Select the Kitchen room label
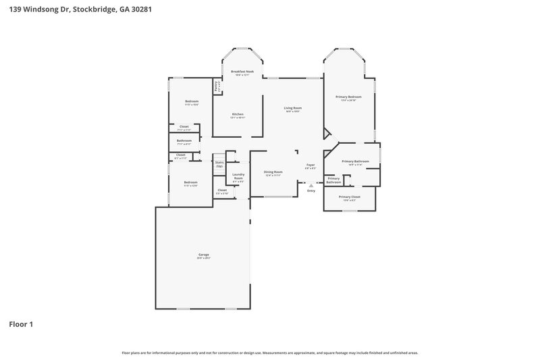pyautogui.click(x=238, y=115)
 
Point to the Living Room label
pyautogui.click(x=292, y=109)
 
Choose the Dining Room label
pyautogui.click(x=273, y=173)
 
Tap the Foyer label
pyautogui.click(x=310, y=165)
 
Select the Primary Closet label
pyautogui.click(x=350, y=197)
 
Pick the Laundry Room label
pyautogui.click(x=238, y=177)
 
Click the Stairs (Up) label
pyautogui.click(x=219, y=164)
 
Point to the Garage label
pyautogui.click(x=203, y=255)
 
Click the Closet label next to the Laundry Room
pyautogui.click(x=222, y=191)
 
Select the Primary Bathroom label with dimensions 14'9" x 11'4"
pyautogui.click(x=355, y=162)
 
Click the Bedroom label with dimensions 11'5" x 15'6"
pyautogui.click(x=192, y=102)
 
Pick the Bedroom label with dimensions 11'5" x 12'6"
pyautogui.click(x=191, y=183)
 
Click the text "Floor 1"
pyautogui.click(x=21, y=324)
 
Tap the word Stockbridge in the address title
pyautogui.click(x=97, y=9)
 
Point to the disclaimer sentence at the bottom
pyautogui.click(x=270, y=353)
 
